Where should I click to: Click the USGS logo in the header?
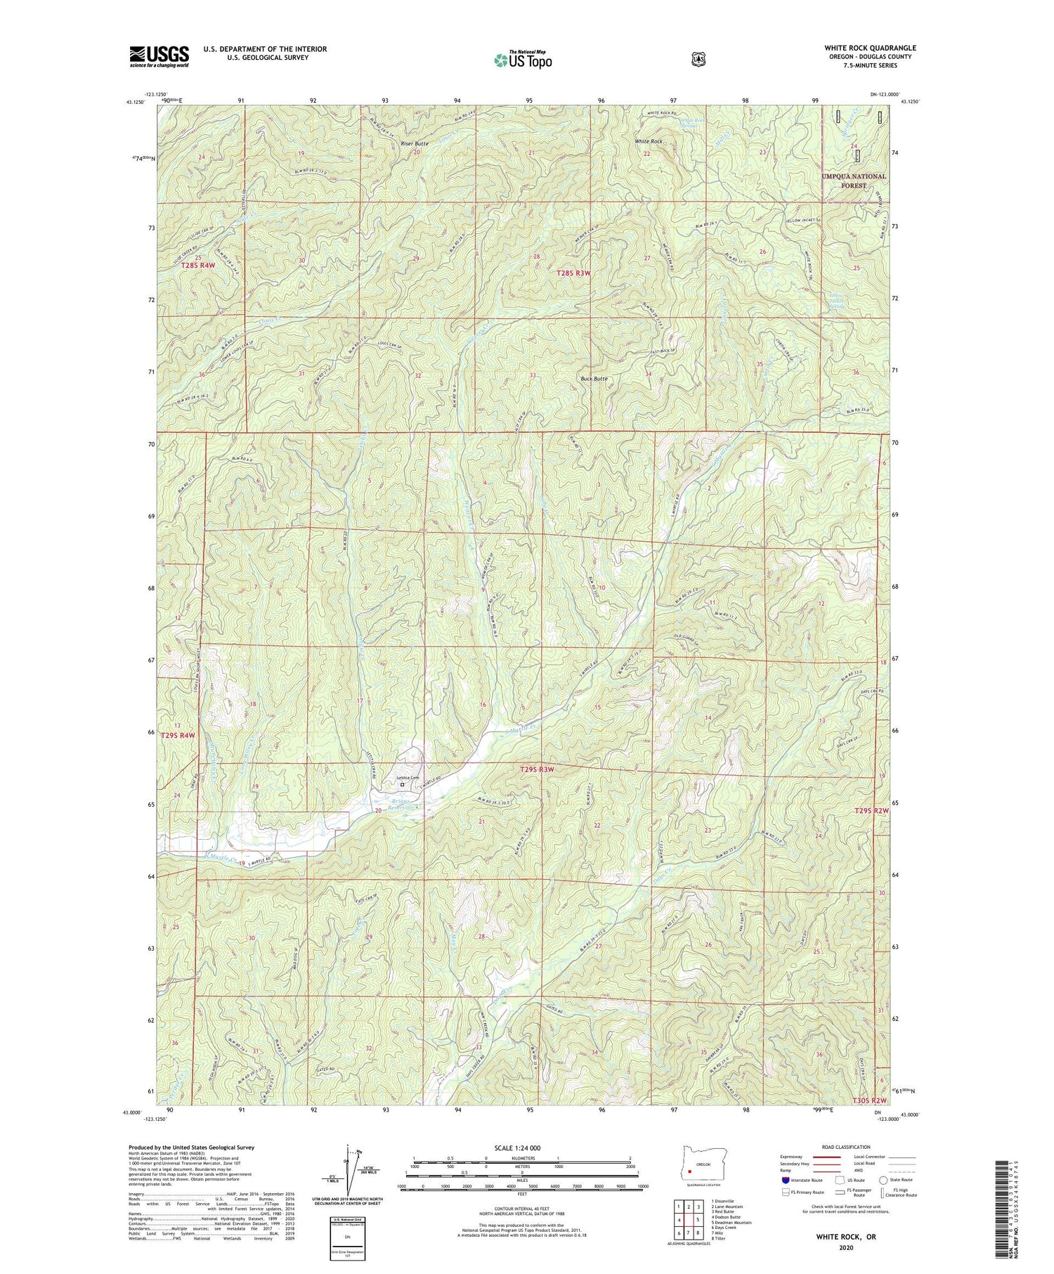point(159,56)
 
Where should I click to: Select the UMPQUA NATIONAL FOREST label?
point(853,181)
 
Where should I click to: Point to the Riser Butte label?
point(414,144)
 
